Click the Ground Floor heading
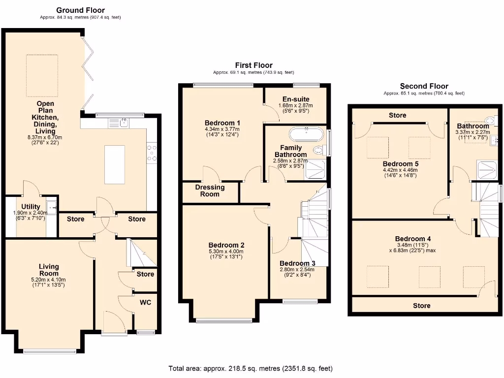80,10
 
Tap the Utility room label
31,207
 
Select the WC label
146,302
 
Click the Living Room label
49,270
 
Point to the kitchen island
114,164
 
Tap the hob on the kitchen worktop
152,153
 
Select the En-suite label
296,99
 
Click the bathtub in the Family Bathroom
306,134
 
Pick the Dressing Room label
210,190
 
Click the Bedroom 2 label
226,245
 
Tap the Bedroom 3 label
297,263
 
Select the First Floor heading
253,65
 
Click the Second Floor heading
424,86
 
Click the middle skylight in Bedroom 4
429,276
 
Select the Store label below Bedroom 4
421,306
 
